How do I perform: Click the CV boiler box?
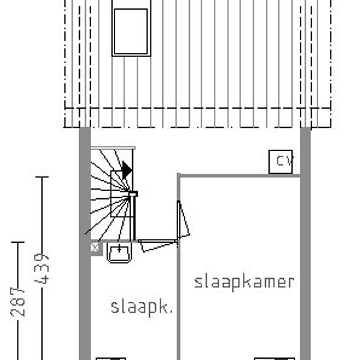[x=281, y=162]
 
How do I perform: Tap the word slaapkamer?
[x=244, y=282]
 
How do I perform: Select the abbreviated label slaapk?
[x=141, y=308]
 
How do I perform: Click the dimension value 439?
[x=42, y=268]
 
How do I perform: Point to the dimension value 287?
[x=18, y=302]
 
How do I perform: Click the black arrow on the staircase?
[x=127, y=170]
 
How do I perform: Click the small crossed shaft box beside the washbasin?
[x=95, y=247]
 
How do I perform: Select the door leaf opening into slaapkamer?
[x=183, y=219]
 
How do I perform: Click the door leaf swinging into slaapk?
[x=158, y=245]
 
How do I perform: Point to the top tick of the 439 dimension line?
[x=42, y=177]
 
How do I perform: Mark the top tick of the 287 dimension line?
[x=18, y=242]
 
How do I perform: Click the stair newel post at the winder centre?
[x=133, y=194]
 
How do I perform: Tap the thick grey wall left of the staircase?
[x=84, y=243]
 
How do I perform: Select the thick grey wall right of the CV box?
[x=306, y=243]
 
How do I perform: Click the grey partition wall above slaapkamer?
[x=239, y=176]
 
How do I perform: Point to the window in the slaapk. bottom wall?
[x=111, y=359]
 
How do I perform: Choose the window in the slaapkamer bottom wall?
[x=275, y=359]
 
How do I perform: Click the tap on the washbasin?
[x=119, y=248]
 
